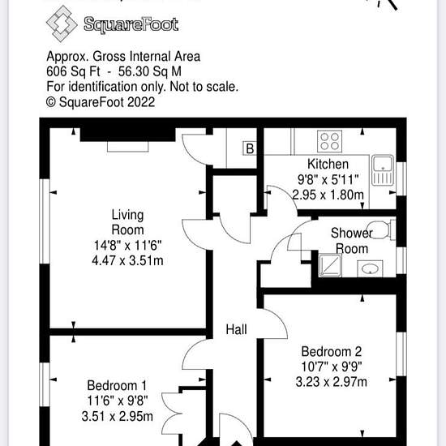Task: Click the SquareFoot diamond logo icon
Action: tap(62, 24)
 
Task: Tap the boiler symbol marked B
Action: tap(250, 148)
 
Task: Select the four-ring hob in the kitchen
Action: tap(330, 141)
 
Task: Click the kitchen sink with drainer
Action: tap(383, 170)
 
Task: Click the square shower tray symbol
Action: tap(330, 265)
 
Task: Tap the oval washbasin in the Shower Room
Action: tap(370, 268)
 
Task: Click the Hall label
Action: tap(236, 330)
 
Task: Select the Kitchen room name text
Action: tap(328, 164)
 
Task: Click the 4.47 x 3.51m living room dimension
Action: tap(127, 260)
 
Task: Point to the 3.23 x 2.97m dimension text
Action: tap(332, 382)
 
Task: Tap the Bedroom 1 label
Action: tap(117, 386)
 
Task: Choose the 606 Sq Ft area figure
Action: tap(73, 71)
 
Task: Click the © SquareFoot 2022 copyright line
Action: tap(101, 102)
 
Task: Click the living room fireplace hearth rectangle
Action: tap(127, 147)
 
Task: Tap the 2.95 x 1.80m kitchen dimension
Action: tap(328, 195)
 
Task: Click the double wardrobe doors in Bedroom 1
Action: tap(172, 414)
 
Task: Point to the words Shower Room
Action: tap(352, 241)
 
